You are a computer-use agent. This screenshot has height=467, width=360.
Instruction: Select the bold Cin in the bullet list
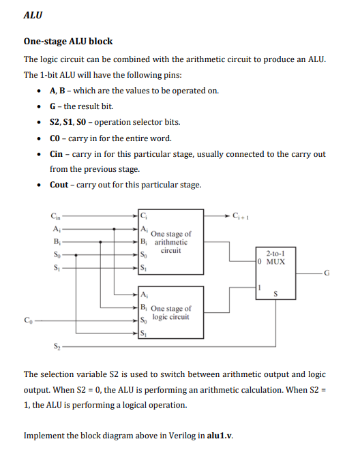pyautogui.click(x=57, y=154)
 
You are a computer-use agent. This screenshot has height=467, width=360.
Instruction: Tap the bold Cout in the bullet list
pyautogui.click(x=59, y=185)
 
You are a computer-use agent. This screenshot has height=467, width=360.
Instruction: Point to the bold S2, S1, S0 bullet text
pyautogui.click(x=68, y=122)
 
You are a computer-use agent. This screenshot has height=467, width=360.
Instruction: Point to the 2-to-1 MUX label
pyautogui.click(x=275, y=256)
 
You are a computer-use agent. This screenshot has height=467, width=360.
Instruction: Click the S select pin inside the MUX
pyautogui.click(x=275, y=295)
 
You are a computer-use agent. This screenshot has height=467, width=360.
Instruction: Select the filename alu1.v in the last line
pyautogui.click(x=217, y=435)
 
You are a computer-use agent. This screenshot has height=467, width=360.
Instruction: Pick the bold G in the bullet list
pyautogui.click(x=53, y=106)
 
